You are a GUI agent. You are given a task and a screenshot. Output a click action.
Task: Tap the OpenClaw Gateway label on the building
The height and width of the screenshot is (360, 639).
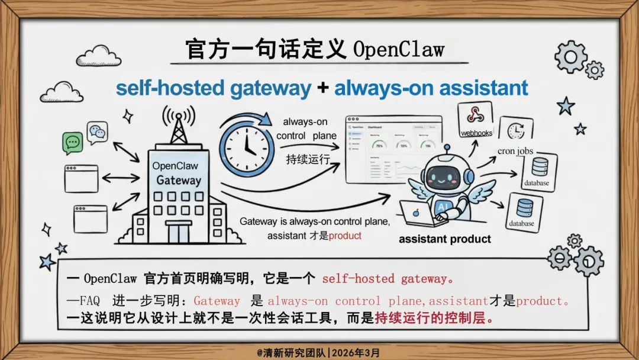point(176,173)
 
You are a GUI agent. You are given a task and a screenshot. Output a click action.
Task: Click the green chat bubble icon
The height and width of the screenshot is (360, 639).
point(73,143)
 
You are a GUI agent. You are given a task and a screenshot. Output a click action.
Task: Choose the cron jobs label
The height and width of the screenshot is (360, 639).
point(515,151)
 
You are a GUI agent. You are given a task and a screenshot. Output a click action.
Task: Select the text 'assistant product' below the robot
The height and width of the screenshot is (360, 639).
point(444,239)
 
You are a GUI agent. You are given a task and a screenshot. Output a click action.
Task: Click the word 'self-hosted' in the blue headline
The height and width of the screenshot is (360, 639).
point(166,88)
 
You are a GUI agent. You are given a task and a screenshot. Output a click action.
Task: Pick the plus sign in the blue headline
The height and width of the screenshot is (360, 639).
point(322,89)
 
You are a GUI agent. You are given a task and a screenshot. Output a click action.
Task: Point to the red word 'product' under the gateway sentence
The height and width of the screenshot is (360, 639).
point(345,235)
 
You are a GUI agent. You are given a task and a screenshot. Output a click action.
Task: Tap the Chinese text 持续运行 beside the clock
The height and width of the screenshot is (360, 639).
point(308,159)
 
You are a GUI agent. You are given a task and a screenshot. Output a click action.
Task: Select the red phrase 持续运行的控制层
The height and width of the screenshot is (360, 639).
point(434,318)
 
